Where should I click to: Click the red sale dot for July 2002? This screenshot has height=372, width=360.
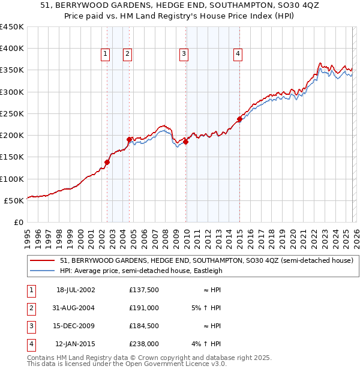[107, 162]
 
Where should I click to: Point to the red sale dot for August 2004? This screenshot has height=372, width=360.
[130, 139]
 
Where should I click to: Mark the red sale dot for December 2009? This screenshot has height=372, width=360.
[186, 142]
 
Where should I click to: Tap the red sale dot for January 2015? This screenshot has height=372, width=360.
[239, 119]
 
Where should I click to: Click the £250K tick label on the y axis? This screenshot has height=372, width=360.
[12, 113]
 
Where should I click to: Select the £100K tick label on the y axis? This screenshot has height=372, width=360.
[12, 179]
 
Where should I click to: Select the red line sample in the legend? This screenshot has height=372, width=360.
[43, 260]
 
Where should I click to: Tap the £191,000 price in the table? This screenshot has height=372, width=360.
[144, 307]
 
